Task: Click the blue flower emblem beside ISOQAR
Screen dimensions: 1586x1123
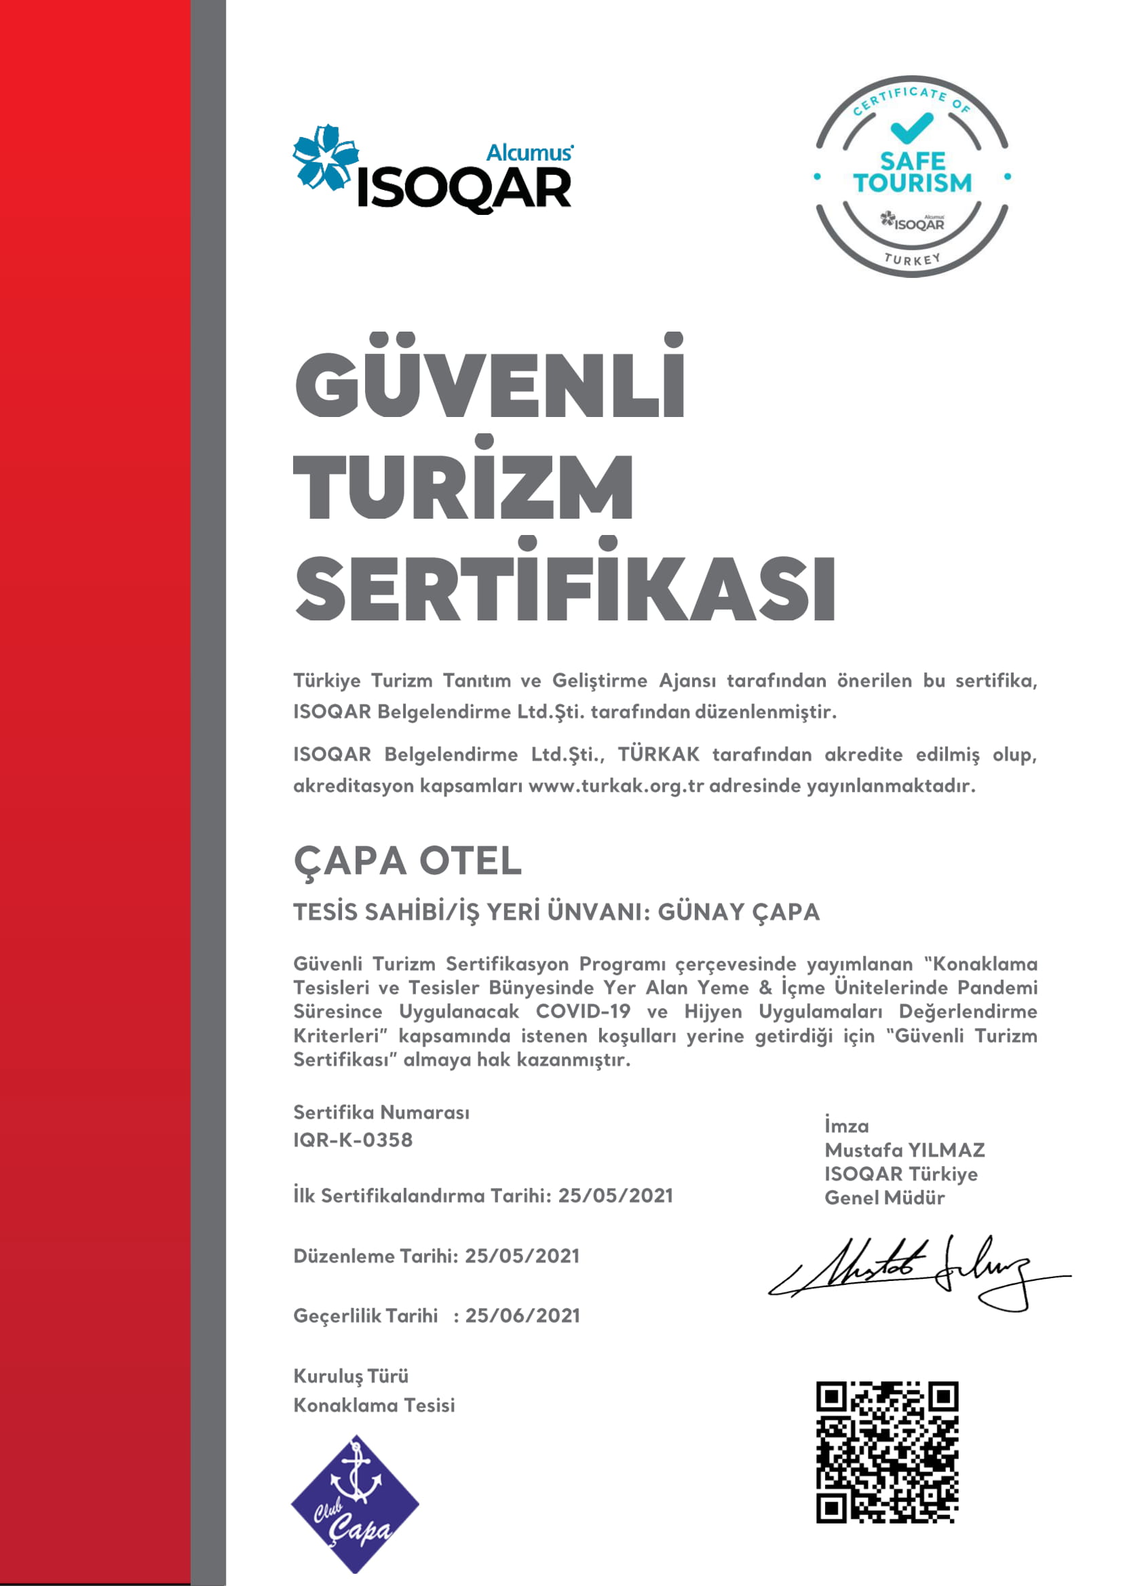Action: point(325,157)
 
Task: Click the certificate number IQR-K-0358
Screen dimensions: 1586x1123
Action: point(353,1140)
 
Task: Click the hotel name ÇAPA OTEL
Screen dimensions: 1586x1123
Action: point(407,861)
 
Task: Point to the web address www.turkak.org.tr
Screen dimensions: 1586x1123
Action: point(615,786)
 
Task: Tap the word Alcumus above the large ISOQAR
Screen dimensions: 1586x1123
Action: point(530,153)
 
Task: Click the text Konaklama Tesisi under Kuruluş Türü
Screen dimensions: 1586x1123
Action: point(374,1405)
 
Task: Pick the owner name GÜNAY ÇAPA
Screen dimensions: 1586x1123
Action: point(738,912)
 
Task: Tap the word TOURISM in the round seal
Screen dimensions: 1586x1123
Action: point(912,183)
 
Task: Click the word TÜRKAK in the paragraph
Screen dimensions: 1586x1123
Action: point(658,754)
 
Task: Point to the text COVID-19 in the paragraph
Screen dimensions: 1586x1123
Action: point(583,1011)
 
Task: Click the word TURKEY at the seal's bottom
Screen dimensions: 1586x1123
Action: point(913,260)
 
